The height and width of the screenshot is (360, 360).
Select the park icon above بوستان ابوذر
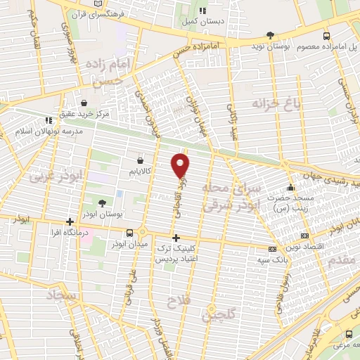click(103, 202)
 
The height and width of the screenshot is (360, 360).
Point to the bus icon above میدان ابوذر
click(130, 233)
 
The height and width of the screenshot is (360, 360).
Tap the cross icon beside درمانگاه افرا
click(69, 221)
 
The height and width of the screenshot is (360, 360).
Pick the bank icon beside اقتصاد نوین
click(304, 236)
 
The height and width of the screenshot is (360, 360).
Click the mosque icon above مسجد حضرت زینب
click(290, 188)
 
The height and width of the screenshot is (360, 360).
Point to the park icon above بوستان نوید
click(270, 34)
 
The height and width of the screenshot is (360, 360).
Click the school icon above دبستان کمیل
click(202, 11)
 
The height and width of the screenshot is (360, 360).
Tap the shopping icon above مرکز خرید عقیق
click(84, 103)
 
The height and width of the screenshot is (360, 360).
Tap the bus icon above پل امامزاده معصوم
click(326, 35)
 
